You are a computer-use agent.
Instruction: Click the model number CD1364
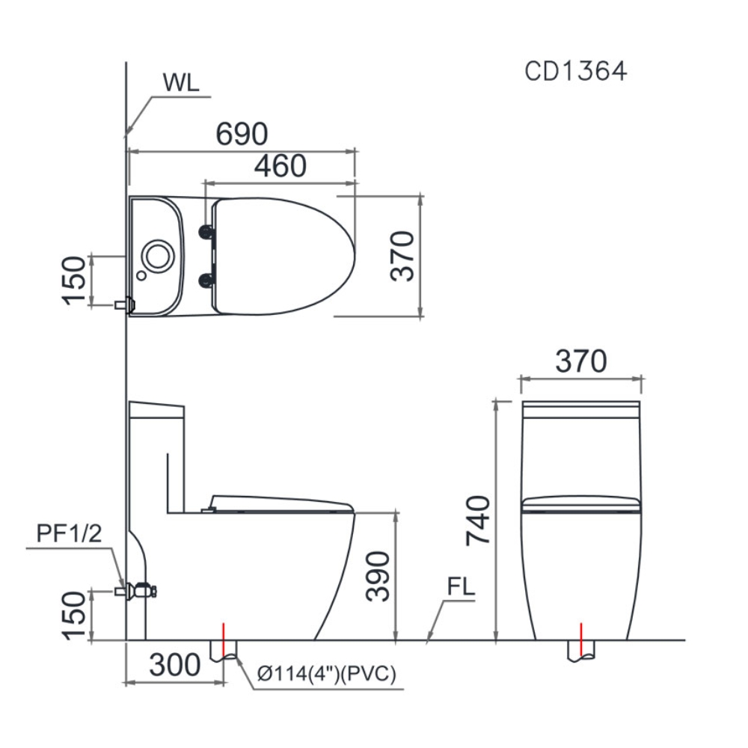pos(575,71)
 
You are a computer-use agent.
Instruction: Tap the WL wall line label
pos(181,82)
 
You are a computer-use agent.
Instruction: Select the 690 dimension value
pos(242,135)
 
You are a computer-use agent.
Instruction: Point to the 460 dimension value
pos(280,166)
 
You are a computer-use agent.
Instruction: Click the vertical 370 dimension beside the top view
pos(402,256)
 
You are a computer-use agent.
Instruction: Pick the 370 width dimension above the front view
pos(580,362)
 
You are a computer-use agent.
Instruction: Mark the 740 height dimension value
pos(478,521)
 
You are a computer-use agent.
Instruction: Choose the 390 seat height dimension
pos(378,576)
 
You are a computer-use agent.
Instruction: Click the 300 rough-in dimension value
pos(174,664)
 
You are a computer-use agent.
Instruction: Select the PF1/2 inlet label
pos(68,533)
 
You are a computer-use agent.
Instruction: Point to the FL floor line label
pos(461,587)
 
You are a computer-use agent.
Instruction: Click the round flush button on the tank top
pos(158,256)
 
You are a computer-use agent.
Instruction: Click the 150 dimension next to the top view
pos(74,280)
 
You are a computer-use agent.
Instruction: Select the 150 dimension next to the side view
pos(74,615)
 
